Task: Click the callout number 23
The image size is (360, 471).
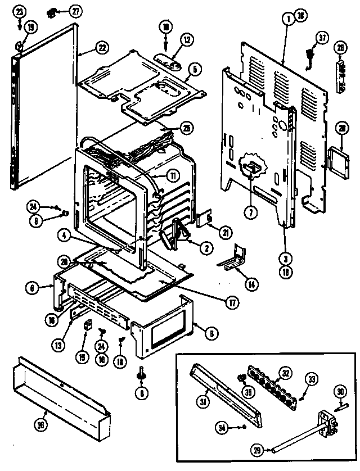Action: (x=19, y=11)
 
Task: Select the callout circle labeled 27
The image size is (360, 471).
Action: (x=75, y=11)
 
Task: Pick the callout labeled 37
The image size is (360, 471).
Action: (x=321, y=38)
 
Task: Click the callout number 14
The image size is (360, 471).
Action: (x=253, y=285)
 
